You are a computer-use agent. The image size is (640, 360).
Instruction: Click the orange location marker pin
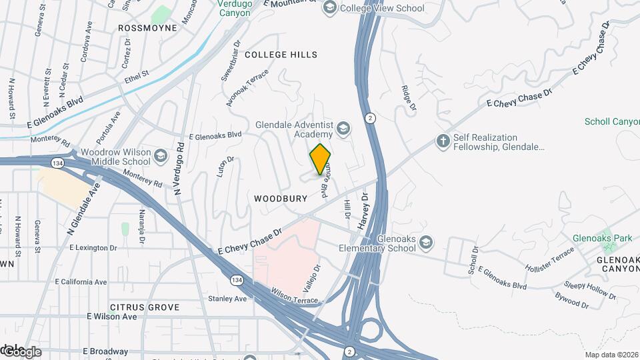pos(321,159)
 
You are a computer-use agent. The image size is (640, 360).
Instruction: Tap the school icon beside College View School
pos(329,8)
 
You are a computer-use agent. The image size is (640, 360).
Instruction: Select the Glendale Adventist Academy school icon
pos(343,129)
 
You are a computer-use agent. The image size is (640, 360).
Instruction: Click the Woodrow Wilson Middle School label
pos(109,157)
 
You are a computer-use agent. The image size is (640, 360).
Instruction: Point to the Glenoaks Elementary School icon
pos(427,243)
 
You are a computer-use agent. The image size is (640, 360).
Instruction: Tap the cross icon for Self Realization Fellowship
pos(442,141)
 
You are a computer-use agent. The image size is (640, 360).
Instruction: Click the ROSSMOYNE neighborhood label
pos(147,28)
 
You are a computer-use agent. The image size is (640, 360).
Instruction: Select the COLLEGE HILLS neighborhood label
pos(281,55)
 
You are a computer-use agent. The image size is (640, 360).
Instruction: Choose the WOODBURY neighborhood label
pos(281,199)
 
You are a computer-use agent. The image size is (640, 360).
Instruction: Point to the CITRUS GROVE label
pos(145,307)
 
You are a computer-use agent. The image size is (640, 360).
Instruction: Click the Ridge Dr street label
pos(408,97)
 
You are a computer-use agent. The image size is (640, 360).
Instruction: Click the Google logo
pos(22,351)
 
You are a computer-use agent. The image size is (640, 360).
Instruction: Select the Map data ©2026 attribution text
pos(611,355)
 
